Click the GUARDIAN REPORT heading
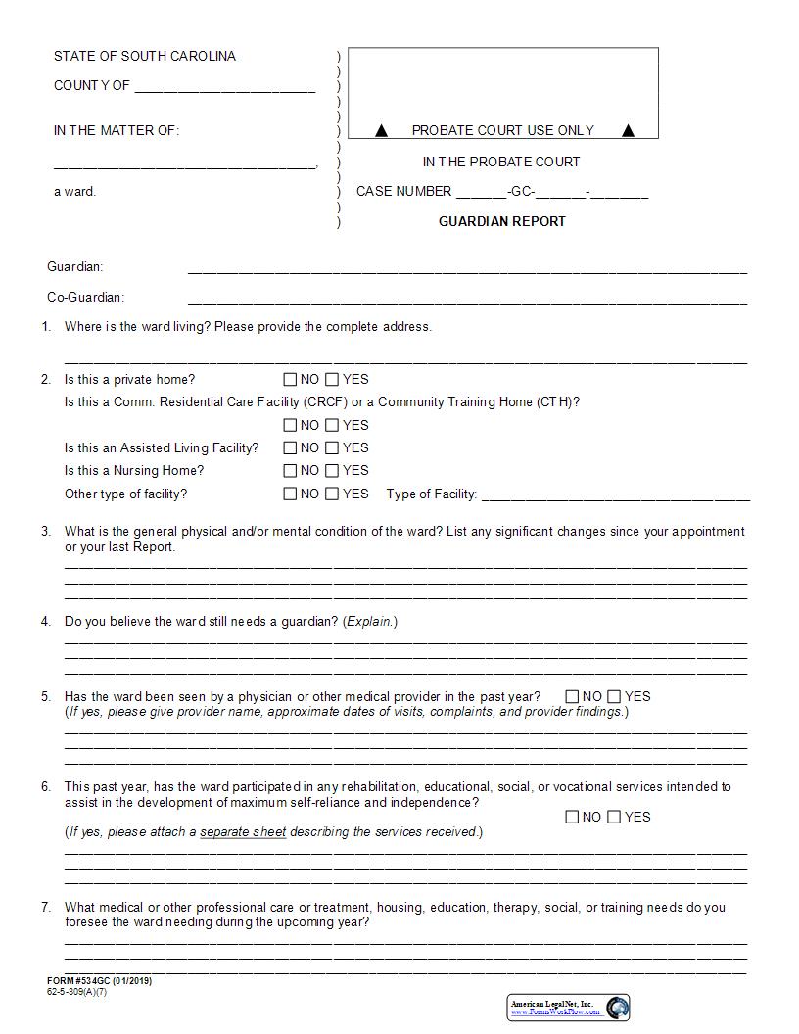pos(501,221)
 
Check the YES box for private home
pos(332,379)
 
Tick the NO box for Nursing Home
pos(290,471)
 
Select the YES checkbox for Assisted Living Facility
pos(332,448)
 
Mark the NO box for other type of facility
pos(290,494)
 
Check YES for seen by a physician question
pos(614,697)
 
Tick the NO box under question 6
pos(572,818)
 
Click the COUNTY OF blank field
pos(225,88)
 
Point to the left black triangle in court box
pos(382,130)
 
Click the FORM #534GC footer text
pos(99,981)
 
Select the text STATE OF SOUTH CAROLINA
pos(145,56)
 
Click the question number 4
pos(46,622)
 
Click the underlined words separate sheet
pos(243,832)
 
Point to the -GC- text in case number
pos(521,192)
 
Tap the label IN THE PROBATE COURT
pos(501,162)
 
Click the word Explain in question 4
pos(368,622)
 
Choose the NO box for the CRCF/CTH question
pos(290,425)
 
